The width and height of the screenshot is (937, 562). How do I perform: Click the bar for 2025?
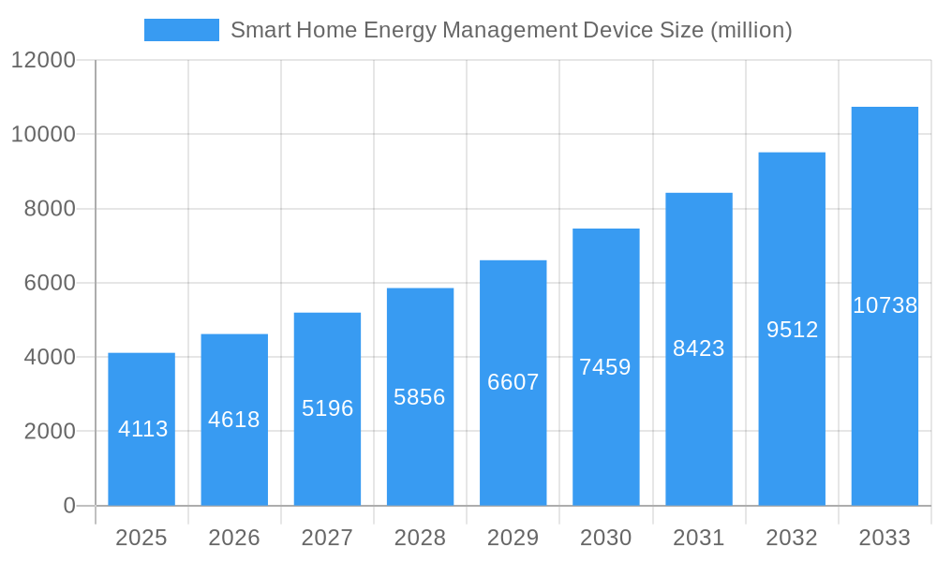tap(141, 429)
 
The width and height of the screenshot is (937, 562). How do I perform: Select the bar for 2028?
tap(420, 396)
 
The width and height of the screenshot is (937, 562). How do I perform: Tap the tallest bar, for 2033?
tap(885, 306)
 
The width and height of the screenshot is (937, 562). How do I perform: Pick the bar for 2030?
tap(606, 367)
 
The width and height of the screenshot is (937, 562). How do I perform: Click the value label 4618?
tap(234, 420)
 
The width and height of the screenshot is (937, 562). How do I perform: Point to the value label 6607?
tap(513, 382)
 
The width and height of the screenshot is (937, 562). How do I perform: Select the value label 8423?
tap(699, 348)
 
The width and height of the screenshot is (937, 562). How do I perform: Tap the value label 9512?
tap(792, 330)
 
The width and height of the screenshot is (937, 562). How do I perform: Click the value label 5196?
tap(327, 408)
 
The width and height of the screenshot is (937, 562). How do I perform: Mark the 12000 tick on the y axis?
tap(43, 61)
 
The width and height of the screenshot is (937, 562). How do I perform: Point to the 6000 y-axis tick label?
tap(49, 283)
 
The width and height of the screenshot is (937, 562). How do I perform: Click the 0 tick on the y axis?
tap(69, 506)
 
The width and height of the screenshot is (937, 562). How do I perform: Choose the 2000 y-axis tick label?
tap(49, 432)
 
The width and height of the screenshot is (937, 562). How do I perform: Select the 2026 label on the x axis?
tap(234, 538)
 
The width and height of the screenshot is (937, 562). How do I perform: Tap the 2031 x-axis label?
tap(699, 538)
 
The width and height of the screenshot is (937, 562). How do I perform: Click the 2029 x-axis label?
tap(513, 538)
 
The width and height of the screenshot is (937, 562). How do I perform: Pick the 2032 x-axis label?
tap(792, 538)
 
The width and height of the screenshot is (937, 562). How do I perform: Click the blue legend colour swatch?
tap(181, 30)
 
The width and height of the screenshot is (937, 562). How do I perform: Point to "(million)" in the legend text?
tap(751, 31)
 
